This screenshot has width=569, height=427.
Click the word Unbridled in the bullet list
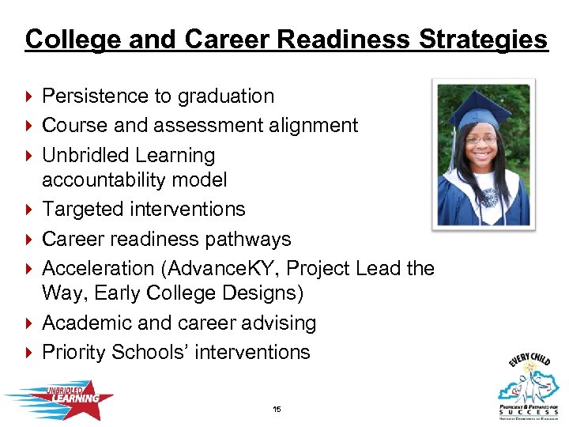click(86, 155)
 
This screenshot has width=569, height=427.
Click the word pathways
click(254, 239)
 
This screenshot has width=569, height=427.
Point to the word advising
click(278, 323)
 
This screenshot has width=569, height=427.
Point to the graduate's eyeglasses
click(482, 139)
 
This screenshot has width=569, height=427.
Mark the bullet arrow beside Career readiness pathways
click(30, 239)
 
